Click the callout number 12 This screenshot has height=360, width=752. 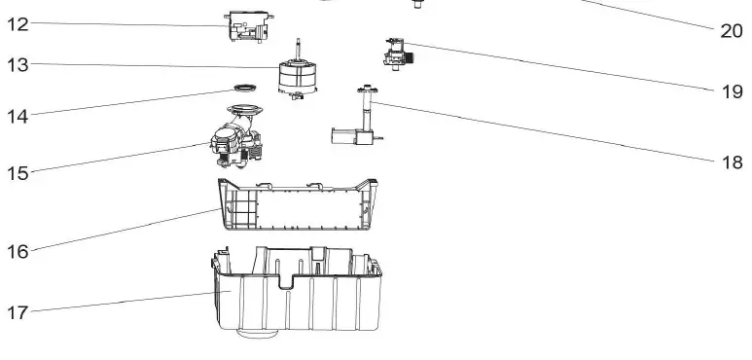[x=18, y=24]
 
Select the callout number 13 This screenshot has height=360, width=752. [x=18, y=65]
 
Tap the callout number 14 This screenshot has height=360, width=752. [x=18, y=116]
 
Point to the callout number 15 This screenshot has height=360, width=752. [x=18, y=173]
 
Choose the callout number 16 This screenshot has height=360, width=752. [x=18, y=251]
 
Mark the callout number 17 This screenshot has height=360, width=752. [x=18, y=312]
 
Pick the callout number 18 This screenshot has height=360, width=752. [x=732, y=162]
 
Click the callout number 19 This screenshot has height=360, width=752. [x=732, y=92]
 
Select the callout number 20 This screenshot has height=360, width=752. [x=732, y=31]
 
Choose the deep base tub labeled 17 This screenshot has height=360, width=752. [x=292, y=292]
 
